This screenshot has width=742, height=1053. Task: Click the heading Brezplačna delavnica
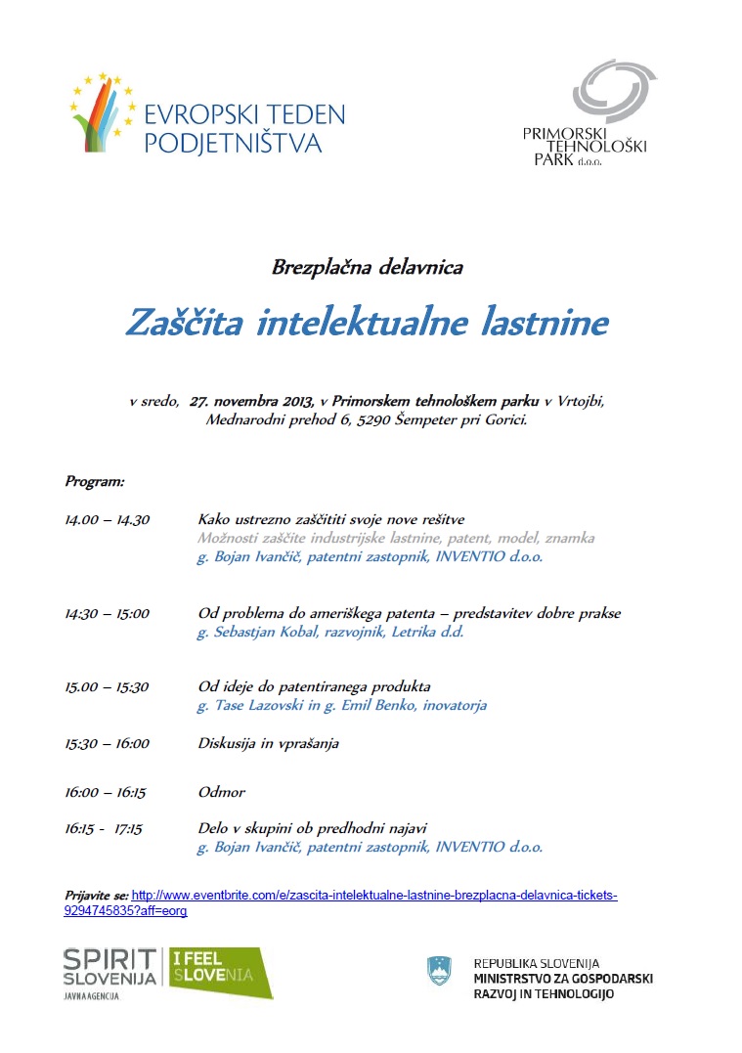[367, 266]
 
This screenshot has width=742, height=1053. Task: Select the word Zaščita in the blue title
[185, 322]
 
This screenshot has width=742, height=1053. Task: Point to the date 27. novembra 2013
[251, 401]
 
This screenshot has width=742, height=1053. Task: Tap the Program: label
[95, 481]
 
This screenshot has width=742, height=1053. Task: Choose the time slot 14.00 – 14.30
[108, 519]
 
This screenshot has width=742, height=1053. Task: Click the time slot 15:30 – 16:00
[108, 743]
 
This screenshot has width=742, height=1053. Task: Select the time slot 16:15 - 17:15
[105, 828]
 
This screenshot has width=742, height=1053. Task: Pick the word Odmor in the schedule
[221, 792]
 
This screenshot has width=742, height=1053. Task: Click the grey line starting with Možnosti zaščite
[396, 538]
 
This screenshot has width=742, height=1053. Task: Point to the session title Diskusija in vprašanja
[268, 743]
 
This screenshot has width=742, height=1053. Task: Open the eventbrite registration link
[374, 895]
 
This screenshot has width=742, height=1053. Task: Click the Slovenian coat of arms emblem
[440, 970]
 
